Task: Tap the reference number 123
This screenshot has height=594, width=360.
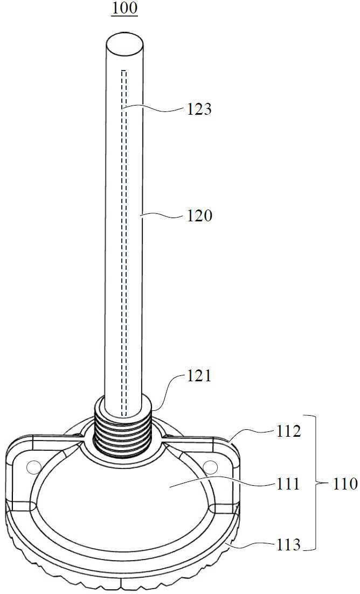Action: click(x=198, y=109)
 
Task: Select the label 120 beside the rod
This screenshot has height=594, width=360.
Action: click(x=199, y=216)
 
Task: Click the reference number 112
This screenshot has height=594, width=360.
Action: click(x=288, y=431)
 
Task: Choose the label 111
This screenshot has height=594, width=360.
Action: click(x=287, y=484)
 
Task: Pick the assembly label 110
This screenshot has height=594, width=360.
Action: click(x=344, y=484)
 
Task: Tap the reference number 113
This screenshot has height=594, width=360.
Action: click(x=287, y=545)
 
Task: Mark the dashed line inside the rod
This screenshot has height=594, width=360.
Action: click(x=123, y=242)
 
